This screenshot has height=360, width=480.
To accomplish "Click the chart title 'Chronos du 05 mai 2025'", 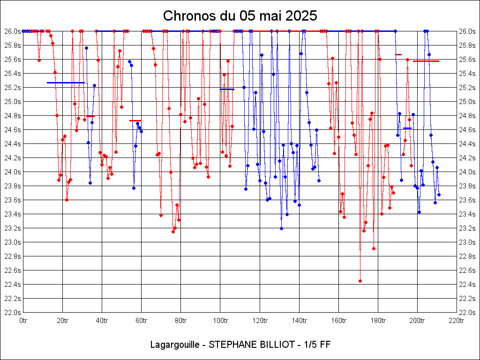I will point(240,16).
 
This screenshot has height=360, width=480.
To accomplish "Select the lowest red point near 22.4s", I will point(360,281).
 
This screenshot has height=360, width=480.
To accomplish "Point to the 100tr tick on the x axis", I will point(220,321).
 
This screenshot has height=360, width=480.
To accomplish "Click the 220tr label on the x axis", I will point(457,321).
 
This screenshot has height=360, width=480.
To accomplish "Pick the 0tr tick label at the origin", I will point(23,321).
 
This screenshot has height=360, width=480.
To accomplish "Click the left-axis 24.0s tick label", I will point(13,172).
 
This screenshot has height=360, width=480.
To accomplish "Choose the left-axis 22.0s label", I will point(13,313).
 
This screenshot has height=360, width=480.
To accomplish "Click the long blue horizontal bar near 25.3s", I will point(66,82).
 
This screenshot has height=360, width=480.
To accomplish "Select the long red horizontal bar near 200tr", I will point(426,61).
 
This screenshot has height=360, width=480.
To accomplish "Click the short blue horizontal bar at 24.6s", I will point(407,128).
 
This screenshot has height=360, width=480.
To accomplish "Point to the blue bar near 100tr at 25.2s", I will point(227,89).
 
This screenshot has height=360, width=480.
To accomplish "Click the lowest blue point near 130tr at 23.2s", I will point(281,228).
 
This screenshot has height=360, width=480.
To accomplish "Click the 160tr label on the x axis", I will point(338,321).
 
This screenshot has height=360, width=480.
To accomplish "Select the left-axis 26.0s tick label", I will point(13,31).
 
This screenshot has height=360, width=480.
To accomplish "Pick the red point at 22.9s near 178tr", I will point(374,248).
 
